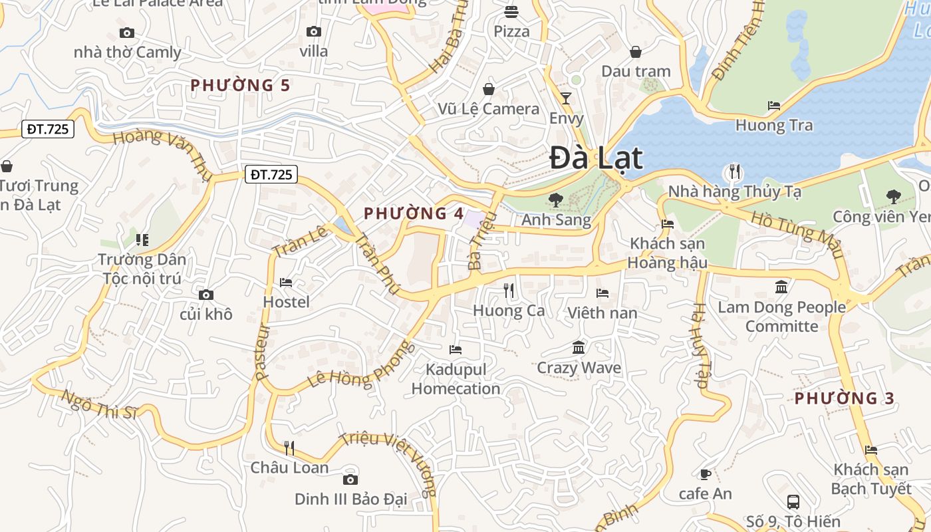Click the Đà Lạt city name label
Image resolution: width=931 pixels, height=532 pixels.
(x=597, y=158)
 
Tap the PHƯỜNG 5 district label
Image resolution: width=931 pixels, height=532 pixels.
(x=241, y=85)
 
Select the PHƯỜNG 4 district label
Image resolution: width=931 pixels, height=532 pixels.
(x=414, y=213)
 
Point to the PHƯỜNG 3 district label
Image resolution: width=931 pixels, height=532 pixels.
(x=845, y=398)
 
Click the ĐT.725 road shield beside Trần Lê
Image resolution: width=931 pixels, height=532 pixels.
(x=271, y=175)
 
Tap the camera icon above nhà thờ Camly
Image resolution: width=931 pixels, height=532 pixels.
(x=127, y=33)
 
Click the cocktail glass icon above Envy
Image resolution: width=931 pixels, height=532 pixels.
(x=566, y=98)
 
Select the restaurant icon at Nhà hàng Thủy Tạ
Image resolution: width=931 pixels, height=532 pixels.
(x=734, y=172)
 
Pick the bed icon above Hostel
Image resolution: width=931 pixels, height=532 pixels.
(x=286, y=283)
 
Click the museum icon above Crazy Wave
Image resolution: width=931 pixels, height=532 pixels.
(x=579, y=348)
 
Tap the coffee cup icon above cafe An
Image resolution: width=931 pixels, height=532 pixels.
(x=705, y=474)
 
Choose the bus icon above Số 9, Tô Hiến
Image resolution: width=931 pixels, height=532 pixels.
(x=793, y=502)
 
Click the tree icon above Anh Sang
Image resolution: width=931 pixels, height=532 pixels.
(x=555, y=199)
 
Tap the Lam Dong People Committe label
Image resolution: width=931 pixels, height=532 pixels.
(x=781, y=317)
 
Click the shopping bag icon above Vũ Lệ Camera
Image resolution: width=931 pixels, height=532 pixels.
(x=489, y=89)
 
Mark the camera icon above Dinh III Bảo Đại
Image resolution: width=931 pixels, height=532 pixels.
(x=350, y=479)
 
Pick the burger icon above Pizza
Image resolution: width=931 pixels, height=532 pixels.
(x=511, y=11)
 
